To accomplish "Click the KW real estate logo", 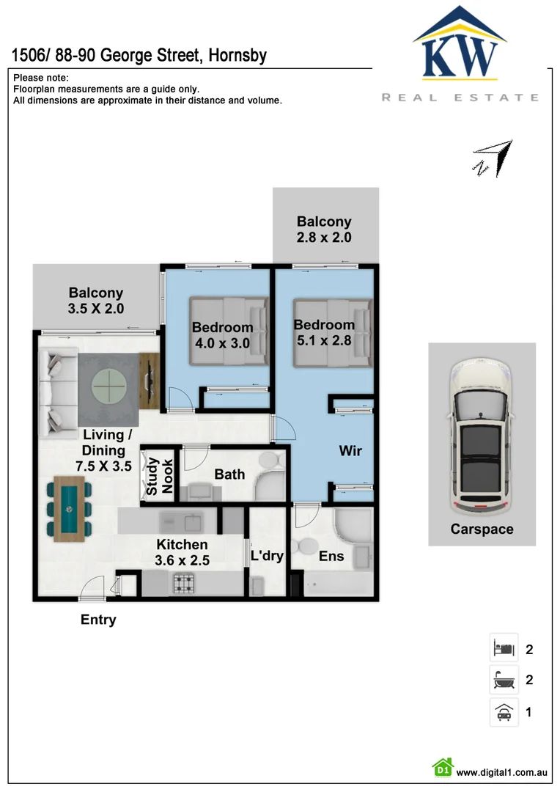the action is pyautogui.click(x=460, y=54).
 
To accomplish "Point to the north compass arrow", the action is pyautogui.click(x=493, y=158).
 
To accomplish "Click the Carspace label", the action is pyautogui.click(x=482, y=529).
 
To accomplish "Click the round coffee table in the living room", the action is pyautogui.click(x=109, y=386).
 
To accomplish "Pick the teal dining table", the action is pyautogui.click(x=69, y=509).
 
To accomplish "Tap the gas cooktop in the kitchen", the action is pyautogui.click(x=184, y=584).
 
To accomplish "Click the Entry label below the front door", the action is pyautogui.click(x=98, y=619).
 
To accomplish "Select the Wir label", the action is pyautogui.click(x=350, y=450).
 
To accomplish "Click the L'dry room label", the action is pyautogui.click(x=267, y=556).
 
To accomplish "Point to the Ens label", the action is pyautogui.click(x=331, y=556).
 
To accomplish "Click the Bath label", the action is pyautogui.click(x=229, y=474).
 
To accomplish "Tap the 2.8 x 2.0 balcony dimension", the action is pyautogui.click(x=324, y=238).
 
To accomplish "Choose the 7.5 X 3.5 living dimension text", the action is pyautogui.click(x=103, y=466).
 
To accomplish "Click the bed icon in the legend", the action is pyautogui.click(x=504, y=648).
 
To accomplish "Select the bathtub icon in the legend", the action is pyautogui.click(x=504, y=679).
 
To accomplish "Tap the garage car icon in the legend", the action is pyautogui.click(x=504, y=711).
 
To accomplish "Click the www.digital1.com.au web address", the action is pyautogui.click(x=502, y=772).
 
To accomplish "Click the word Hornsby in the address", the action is pyautogui.click(x=237, y=55).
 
